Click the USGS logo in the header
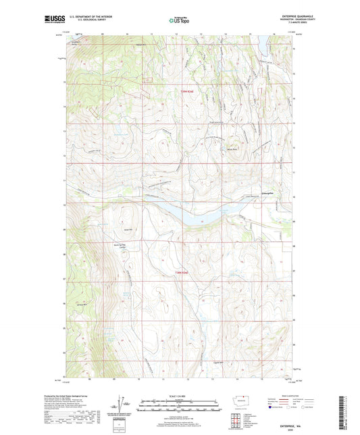(x=53, y=21)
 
